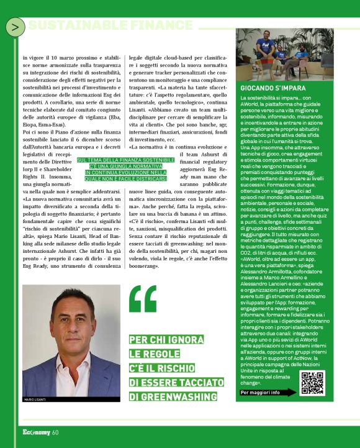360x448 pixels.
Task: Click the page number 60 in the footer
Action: point(55,432)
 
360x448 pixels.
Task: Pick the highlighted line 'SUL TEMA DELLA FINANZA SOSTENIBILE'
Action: point(127,160)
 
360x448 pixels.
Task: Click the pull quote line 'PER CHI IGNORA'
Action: point(166,340)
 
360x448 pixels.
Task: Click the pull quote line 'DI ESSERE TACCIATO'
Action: point(176,366)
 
